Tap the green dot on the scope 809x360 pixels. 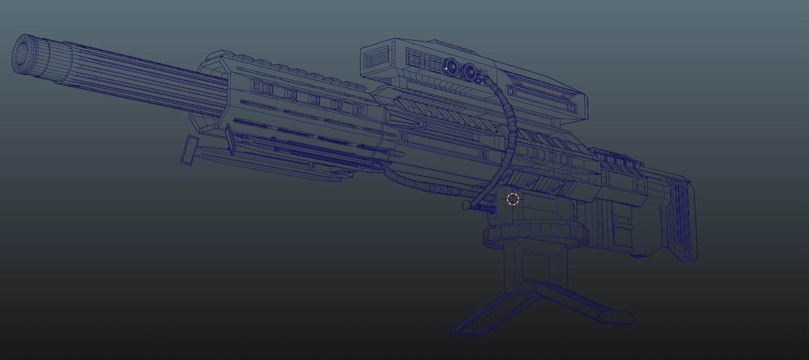click(x=446, y=69)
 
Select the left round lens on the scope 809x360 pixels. click(x=451, y=66)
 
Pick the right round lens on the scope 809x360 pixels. click(x=469, y=72)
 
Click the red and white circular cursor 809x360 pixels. click(x=513, y=199)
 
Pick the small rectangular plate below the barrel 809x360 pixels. click(x=190, y=150)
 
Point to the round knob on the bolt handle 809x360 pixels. click(x=466, y=206)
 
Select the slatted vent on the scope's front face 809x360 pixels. click(x=376, y=57)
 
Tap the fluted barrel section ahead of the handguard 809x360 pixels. click(x=141, y=79)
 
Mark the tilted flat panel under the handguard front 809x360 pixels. click(x=230, y=139)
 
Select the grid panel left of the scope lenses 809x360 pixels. click(x=423, y=59)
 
